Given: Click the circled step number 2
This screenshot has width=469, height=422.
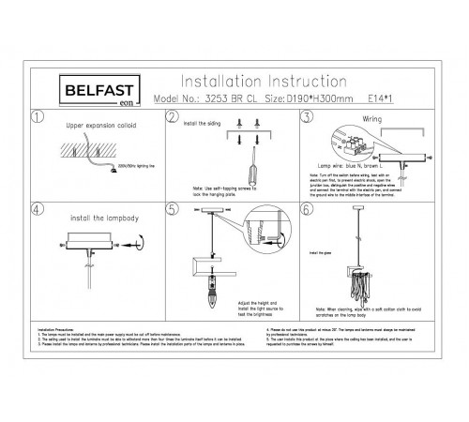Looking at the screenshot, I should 172,117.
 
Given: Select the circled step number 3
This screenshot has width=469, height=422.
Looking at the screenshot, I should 306,117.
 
